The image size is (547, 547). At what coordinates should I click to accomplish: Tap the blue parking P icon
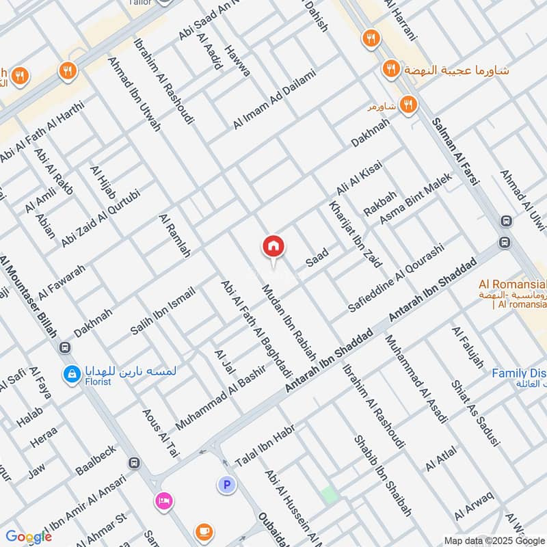pyautogui.click(x=226, y=485)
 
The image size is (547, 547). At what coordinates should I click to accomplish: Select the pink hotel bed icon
pyautogui.click(x=163, y=501)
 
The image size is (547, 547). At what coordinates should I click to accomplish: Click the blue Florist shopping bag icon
pyautogui.click(x=70, y=374)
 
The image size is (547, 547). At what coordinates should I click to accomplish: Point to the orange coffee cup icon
pyautogui.click(x=203, y=531)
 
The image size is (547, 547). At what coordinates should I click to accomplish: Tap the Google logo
pyautogui.click(x=29, y=537)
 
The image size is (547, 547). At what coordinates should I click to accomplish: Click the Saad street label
pyautogui.click(x=317, y=257)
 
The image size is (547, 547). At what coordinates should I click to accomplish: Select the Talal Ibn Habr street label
pyautogui.click(x=265, y=445)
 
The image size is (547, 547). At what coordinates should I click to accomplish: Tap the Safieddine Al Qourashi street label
pyautogui.click(x=396, y=276)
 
